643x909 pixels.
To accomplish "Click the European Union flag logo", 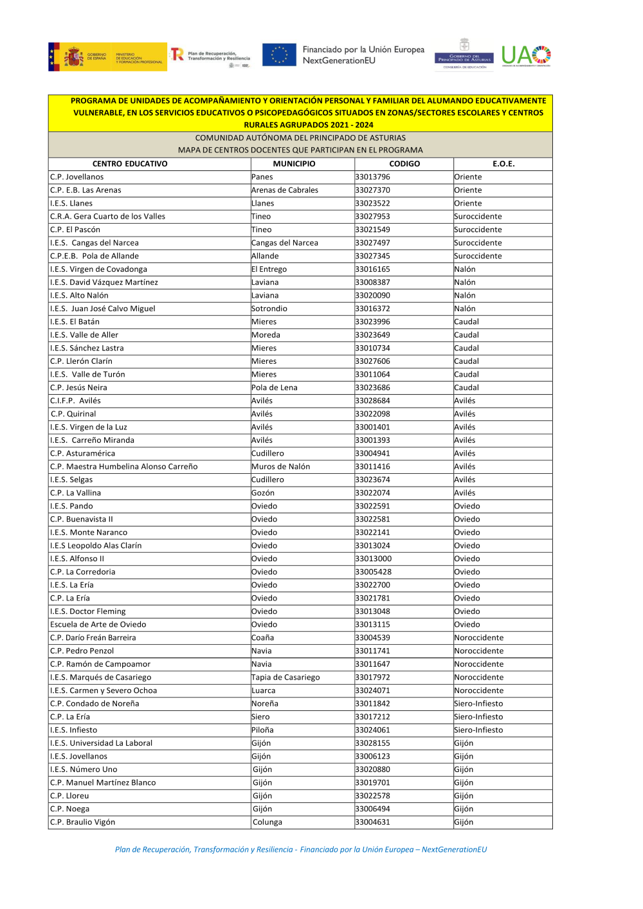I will coord(279,55).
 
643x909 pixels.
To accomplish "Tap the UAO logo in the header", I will coord(526,56).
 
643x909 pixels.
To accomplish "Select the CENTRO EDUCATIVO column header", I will coord(130,164).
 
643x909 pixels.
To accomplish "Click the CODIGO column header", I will coord(404,164).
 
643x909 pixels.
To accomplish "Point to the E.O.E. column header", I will coord(503,164).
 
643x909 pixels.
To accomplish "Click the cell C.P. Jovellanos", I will coord(77,177).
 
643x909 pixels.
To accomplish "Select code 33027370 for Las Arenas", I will coord(373,190).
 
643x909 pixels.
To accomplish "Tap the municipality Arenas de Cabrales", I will coord(285,190).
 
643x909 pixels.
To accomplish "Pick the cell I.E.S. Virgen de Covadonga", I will coord(99,269).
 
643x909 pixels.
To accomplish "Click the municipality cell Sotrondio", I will coord(269,309).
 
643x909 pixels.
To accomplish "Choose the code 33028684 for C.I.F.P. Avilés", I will coord(373,401).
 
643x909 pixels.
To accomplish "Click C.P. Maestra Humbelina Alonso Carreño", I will coord(124,467).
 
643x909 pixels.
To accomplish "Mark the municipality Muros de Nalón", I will coord(281,467).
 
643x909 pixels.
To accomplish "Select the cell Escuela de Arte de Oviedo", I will coord(98,625).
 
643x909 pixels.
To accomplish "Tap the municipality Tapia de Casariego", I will coord(285,678).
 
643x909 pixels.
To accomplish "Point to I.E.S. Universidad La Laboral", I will coord(102,743).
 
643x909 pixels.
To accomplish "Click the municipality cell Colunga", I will coord(267,822).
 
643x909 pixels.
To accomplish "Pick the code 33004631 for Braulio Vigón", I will coord(373,822).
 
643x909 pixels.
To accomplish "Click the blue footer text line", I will coord(301,850).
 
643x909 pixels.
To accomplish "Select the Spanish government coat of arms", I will coord(73,57).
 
